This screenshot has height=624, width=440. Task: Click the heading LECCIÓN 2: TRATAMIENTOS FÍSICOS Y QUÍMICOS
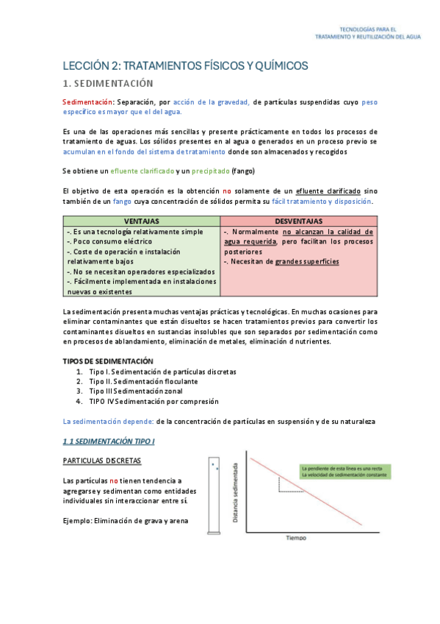tap(184, 66)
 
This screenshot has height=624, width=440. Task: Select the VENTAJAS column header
tap(141, 220)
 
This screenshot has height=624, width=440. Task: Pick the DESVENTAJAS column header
tap(298, 220)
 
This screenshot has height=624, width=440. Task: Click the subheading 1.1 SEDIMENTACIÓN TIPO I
tap(109, 440)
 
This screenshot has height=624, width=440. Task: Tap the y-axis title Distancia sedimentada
tap(236, 492)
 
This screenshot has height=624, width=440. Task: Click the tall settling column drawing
tap(214, 494)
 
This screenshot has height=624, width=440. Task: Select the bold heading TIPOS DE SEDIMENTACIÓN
tap(107, 361)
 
